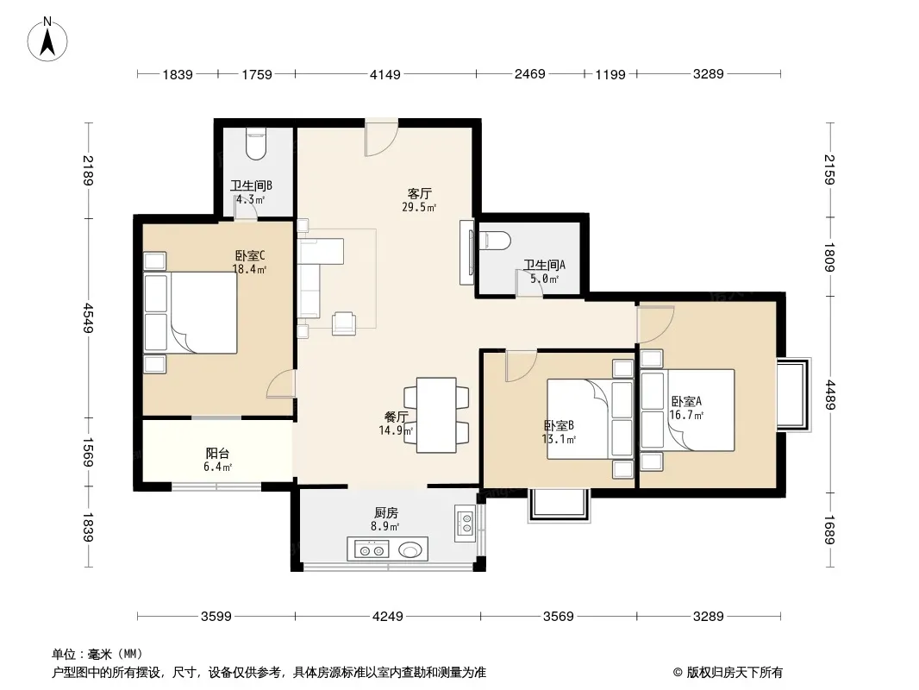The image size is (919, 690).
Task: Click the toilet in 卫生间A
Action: click(495, 241)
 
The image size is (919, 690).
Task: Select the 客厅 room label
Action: click(420, 193)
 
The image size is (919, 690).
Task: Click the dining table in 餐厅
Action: click(436, 415)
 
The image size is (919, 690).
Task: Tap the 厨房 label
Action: click(386, 513)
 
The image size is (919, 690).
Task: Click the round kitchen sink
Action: click(409, 550)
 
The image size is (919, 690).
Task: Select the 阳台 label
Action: click(217, 453)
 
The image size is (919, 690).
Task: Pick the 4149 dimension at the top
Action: click(385, 74)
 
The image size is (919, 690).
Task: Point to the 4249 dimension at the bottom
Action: click(387, 616)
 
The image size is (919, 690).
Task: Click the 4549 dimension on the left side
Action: click(89, 317)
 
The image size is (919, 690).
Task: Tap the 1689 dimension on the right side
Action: click(829, 530)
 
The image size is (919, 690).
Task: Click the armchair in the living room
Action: click(344, 323)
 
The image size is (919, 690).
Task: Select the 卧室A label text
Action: click(686, 402)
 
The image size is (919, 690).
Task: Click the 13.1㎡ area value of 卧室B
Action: click(559, 439)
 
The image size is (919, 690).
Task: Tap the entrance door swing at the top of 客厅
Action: click(382, 139)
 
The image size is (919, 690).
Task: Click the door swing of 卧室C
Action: click(281, 385)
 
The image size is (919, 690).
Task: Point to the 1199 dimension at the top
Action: click(610, 74)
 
